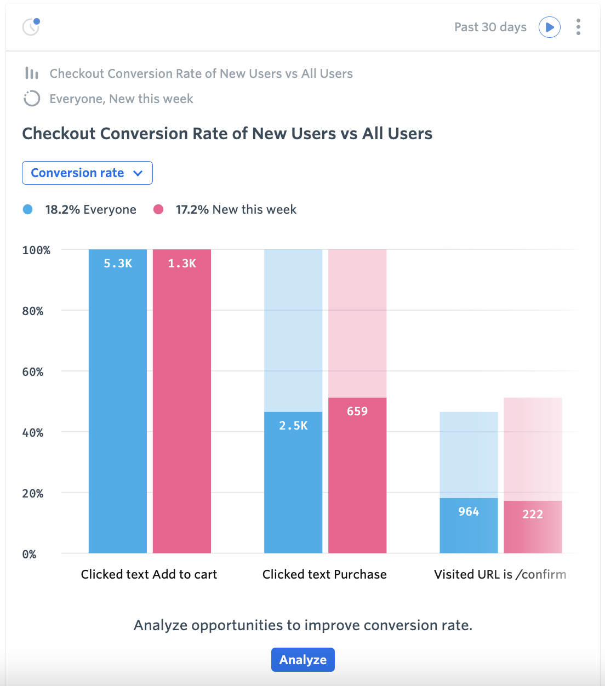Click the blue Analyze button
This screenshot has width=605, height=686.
click(302, 660)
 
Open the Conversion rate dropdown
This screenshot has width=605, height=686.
click(87, 173)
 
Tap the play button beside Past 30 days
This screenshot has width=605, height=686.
click(549, 27)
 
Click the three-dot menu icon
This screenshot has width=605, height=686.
click(578, 27)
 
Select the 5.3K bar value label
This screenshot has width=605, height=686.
click(118, 264)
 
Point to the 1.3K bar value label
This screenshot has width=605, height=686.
click(182, 264)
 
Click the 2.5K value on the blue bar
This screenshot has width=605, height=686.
click(293, 426)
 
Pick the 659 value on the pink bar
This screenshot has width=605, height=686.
click(357, 411)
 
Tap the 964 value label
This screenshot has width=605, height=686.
click(469, 512)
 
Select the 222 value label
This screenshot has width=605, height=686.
click(533, 514)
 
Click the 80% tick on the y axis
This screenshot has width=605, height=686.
click(33, 311)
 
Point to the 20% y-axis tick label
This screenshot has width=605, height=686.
click(33, 494)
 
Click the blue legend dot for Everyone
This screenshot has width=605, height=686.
click(28, 209)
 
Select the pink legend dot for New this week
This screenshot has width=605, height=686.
click(158, 209)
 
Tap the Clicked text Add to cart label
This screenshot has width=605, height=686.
click(149, 574)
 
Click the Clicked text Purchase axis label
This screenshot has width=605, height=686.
click(324, 574)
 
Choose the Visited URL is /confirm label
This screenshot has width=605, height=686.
click(500, 574)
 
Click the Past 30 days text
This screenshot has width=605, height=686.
click(490, 27)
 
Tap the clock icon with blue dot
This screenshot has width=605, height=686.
click(31, 26)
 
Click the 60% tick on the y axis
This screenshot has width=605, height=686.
click(33, 372)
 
